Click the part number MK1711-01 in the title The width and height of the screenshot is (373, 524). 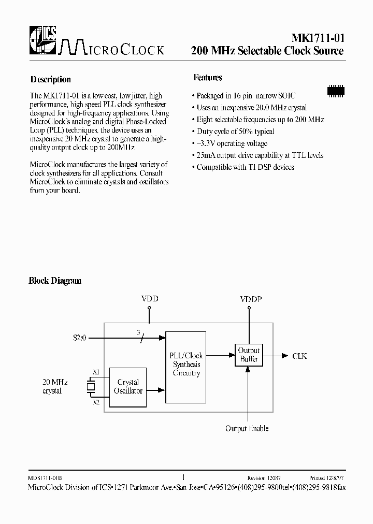(x=315, y=38)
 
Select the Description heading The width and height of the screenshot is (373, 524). (x=50, y=80)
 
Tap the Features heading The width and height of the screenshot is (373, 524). (x=208, y=78)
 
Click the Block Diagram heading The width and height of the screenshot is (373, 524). (x=55, y=281)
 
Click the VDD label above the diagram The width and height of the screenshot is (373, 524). (x=150, y=299)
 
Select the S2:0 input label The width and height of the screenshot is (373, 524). (x=80, y=338)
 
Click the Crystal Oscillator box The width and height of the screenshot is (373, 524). (x=128, y=386)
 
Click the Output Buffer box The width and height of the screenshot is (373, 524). (x=249, y=355)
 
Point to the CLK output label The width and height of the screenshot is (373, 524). (x=299, y=356)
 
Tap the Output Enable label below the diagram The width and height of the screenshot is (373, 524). (x=247, y=428)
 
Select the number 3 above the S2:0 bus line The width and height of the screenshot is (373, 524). (x=138, y=332)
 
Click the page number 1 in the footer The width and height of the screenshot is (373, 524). (x=183, y=477)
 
